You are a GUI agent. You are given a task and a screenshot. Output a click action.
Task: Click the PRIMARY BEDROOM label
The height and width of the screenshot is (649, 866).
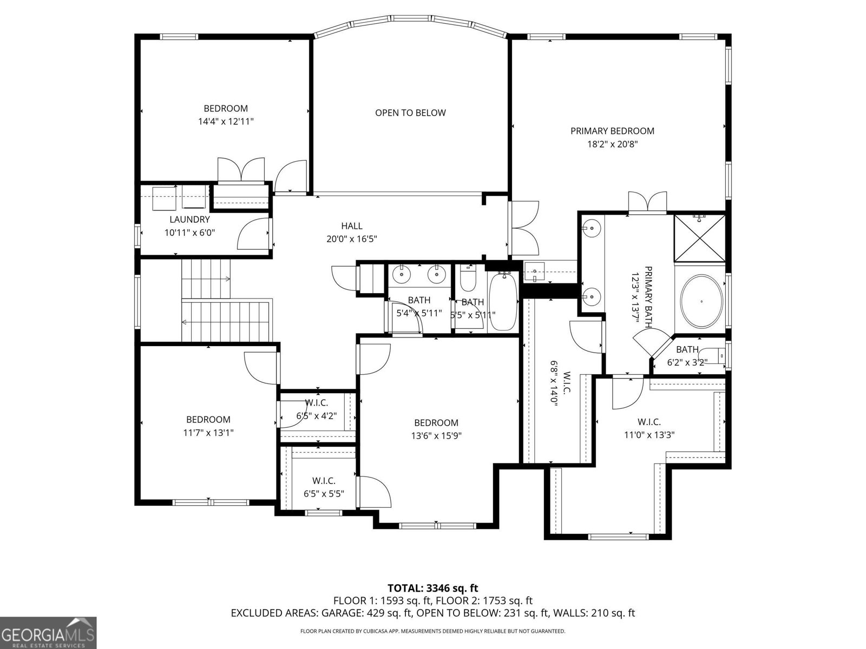[x=612, y=131]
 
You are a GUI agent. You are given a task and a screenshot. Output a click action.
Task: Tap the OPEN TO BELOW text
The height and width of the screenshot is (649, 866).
[x=410, y=112]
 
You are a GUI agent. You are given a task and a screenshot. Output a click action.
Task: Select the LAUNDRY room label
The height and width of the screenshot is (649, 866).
[x=189, y=220]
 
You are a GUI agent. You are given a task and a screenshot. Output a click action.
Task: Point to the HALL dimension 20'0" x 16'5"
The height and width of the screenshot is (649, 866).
[x=352, y=239]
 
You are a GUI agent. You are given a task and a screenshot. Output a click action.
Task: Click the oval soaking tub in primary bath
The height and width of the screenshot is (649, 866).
[x=701, y=301]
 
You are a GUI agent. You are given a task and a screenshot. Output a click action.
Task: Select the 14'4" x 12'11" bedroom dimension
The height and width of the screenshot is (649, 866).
[x=226, y=122]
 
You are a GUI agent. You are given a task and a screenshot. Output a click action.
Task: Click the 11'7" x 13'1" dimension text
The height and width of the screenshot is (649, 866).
[x=208, y=433]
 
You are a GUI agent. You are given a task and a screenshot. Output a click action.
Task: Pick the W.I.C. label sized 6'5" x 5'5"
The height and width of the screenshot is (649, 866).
[x=324, y=480]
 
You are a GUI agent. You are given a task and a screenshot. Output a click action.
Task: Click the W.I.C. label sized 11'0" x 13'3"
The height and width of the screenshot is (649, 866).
[x=649, y=422]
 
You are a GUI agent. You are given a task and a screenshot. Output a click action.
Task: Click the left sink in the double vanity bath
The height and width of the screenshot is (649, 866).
[x=402, y=274]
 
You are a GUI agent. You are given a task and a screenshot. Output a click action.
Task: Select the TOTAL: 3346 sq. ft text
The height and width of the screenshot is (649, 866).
[x=432, y=588]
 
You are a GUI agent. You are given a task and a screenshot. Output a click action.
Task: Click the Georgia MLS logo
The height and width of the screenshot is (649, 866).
[x=48, y=632]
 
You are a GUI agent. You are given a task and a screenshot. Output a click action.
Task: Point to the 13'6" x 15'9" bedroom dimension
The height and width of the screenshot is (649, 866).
[x=436, y=436]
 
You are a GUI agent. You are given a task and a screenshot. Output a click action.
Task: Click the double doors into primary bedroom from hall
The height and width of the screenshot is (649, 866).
[x=524, y=228]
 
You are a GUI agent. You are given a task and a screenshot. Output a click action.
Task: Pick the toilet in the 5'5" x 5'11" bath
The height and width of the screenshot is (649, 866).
[x=467, y=279]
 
